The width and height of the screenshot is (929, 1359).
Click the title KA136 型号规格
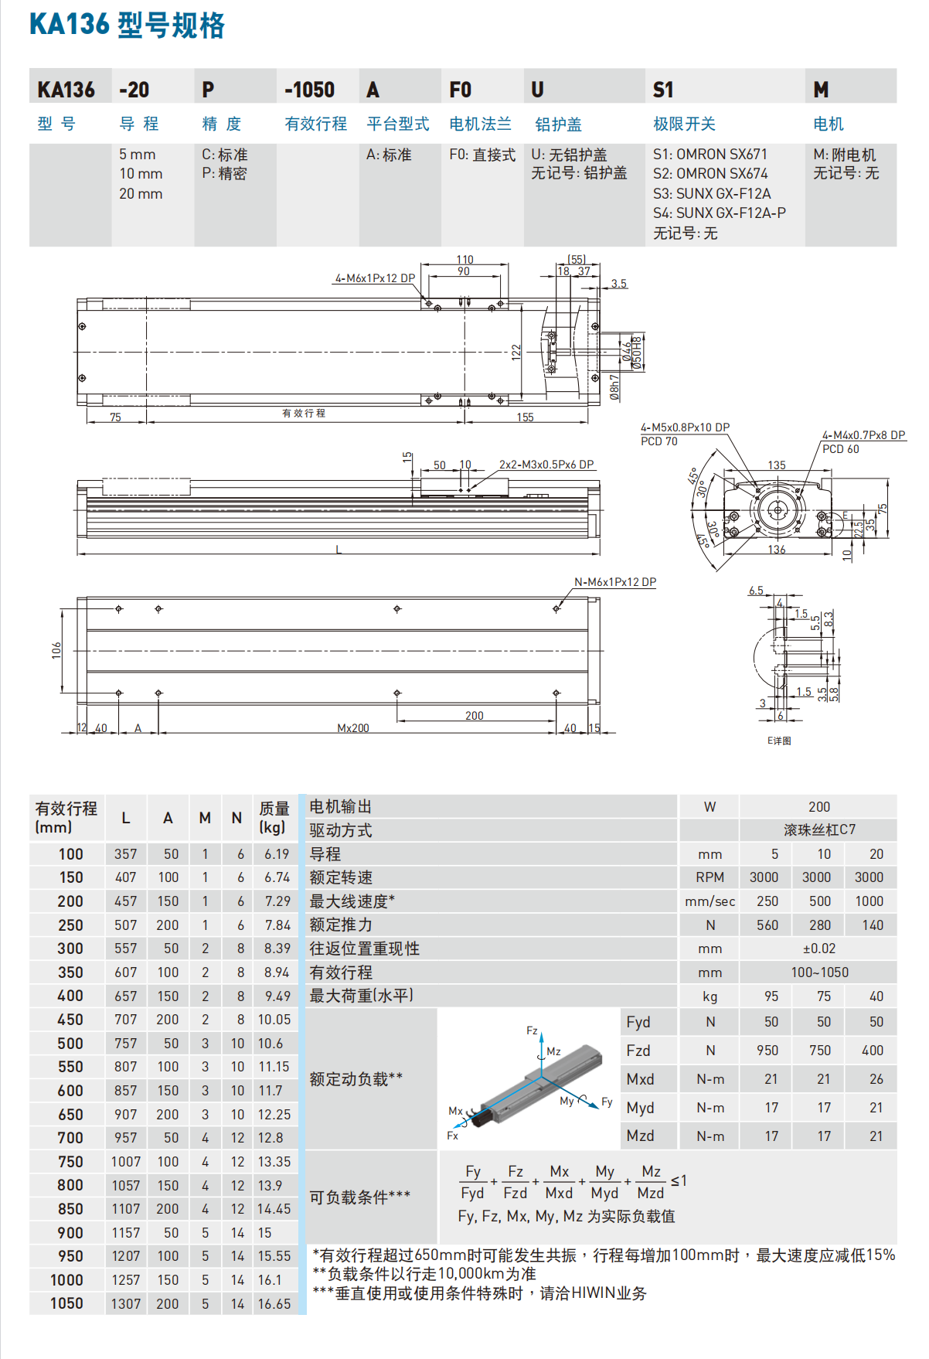click(127, 25)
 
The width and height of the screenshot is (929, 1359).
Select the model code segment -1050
click(309, 90)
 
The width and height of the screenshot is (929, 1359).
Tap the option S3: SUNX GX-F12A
click(711, 193)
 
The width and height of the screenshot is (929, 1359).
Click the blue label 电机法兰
click(480, 124)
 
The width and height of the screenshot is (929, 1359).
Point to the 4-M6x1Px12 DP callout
click(375, 278)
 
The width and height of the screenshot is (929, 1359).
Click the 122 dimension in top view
click(516, 352)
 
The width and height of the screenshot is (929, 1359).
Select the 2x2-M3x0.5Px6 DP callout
click(546, 465)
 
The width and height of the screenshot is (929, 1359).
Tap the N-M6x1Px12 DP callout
click(614, 582)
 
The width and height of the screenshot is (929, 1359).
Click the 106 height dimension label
click(56, 650)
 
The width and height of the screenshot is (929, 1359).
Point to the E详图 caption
click(778, 741)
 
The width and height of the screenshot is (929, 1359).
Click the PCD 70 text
click(658, 441)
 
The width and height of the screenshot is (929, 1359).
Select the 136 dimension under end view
click(776, 550)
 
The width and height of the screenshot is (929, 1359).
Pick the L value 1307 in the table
click(125, 1304)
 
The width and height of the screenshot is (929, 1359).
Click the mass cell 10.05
click(274, 1020)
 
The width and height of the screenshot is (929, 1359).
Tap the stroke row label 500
click(70, 1044)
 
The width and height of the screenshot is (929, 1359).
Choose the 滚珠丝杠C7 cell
click(818, 829)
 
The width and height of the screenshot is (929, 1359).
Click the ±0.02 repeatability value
click(818, 949)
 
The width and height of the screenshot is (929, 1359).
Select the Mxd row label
click(640, 1079)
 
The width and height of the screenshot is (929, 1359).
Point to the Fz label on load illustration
click(532, 1030)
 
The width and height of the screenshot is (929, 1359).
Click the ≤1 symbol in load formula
click(679, 1181)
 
